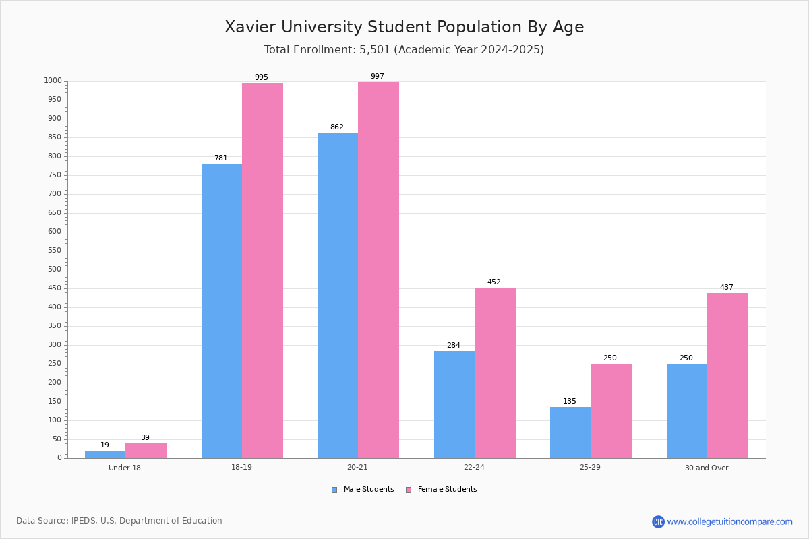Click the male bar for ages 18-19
tap(222, 311)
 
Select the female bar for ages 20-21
tap(378, 270)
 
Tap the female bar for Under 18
tap(146, 451)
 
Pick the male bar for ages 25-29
tap(570, 433)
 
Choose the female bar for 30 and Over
tap(727, 375)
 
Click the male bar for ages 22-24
tap(454, 404)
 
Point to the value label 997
tap(378, 77)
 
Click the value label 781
tap(221, 158)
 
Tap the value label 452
tap(494, 282)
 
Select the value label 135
tap(570, 402)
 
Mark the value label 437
tap(727, 288)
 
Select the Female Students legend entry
tap(442, 490)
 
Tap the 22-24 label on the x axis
tap(474, 468)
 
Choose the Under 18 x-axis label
tap(125, 468)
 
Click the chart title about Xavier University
tap(404, 27)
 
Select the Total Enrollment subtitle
tap(404, 50)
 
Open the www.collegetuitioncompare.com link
tap(729, 522)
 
